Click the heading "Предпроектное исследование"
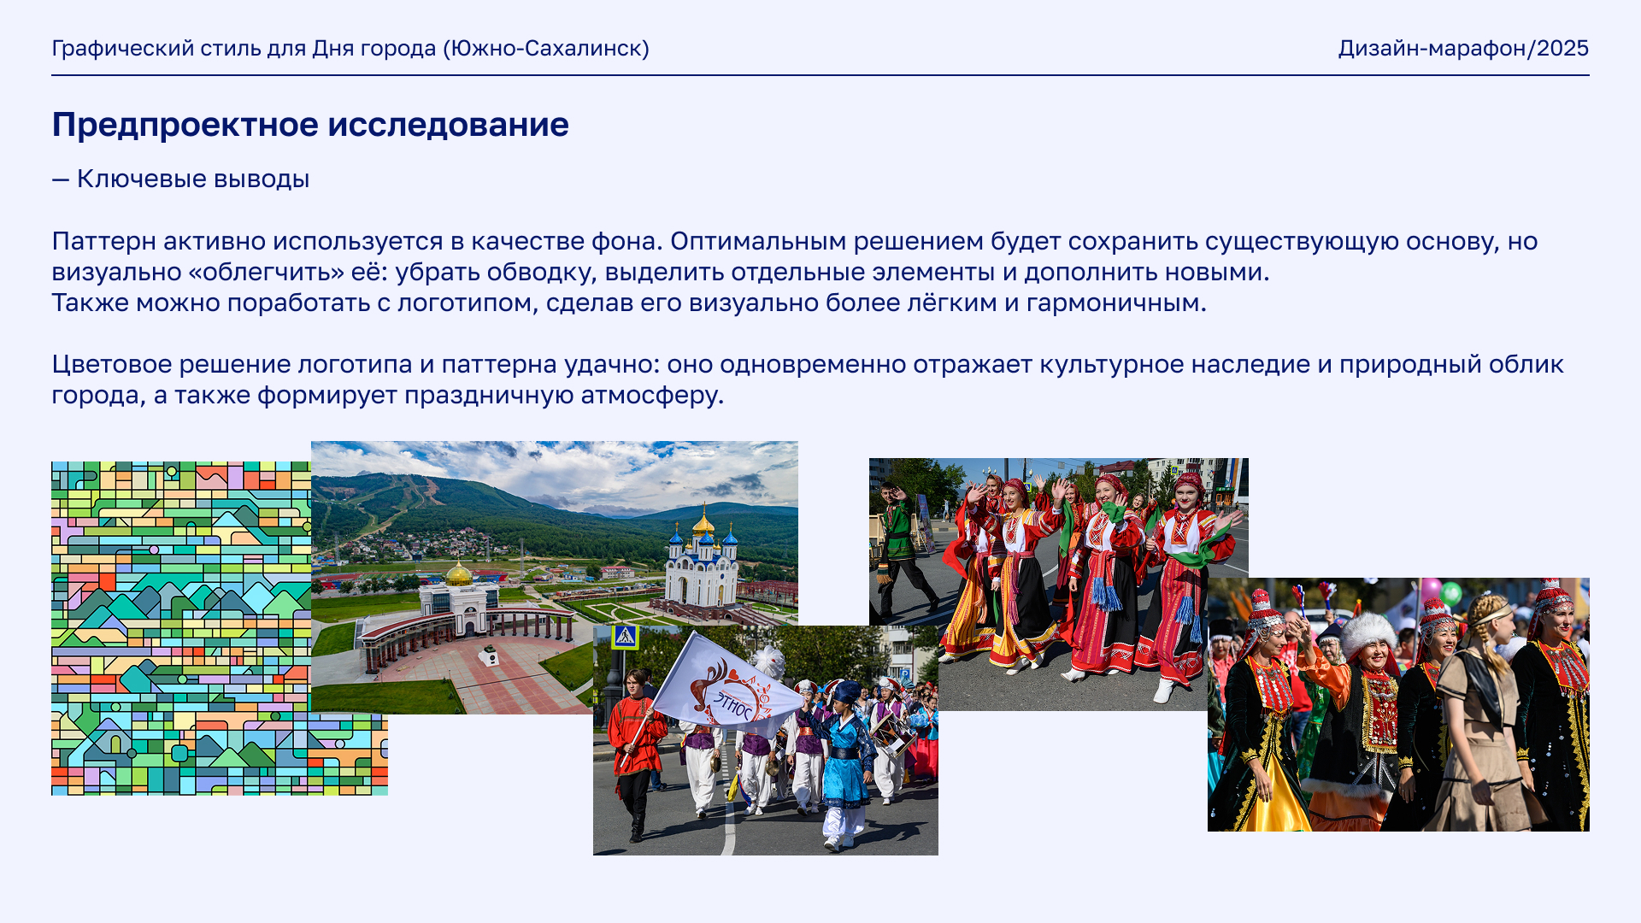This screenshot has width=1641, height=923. pyautogui.click(x=310, y=125)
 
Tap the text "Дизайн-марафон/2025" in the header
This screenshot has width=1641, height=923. pyautogui.click(x=1463, y=49)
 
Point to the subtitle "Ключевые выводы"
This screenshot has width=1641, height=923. pyautogui.click(x=193, y=179)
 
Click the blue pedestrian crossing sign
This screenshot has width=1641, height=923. pyautogui.click(x=625, y=637)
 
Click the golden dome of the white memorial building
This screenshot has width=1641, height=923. pyautogui.click(x=460, y=573)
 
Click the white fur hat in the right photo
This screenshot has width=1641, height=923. pyautogui.click(x=1367, y=633)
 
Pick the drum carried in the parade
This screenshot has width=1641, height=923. pyautogui.click(x=892, y=732)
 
